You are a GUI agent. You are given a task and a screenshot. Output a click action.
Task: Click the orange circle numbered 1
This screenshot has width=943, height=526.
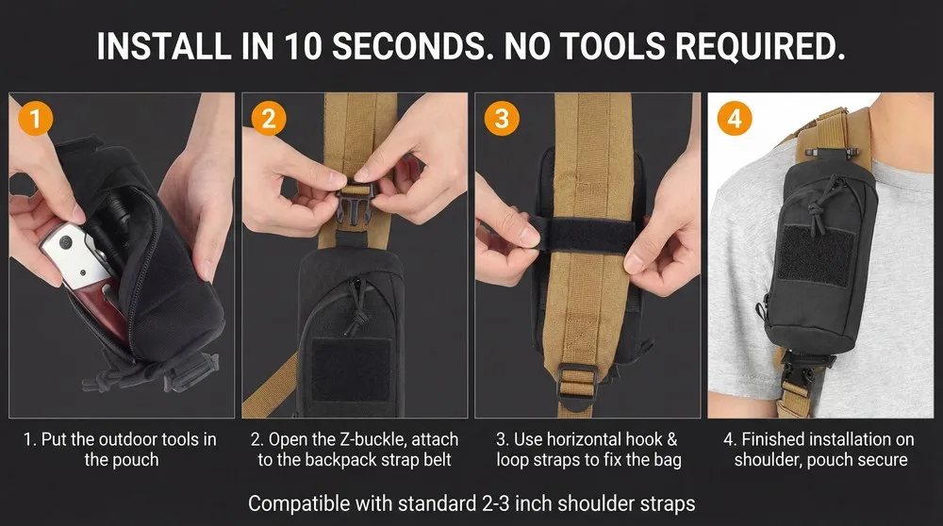tap(35, 118)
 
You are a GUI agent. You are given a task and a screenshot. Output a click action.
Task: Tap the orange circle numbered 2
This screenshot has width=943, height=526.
tap(268, 118)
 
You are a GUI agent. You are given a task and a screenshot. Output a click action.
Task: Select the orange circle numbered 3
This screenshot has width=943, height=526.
tap(502, 118)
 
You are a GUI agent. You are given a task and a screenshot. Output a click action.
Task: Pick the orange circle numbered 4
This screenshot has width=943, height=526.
tap(735, 118)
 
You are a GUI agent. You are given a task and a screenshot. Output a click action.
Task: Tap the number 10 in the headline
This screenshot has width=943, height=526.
tap(304, 45)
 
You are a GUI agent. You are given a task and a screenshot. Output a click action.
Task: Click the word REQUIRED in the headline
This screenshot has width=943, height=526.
tap(760, 45)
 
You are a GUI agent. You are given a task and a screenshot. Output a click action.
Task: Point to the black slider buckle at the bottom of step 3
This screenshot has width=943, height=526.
tap(577, 384)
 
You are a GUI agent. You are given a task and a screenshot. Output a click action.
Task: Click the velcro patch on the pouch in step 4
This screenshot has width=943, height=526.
tap(815, 255)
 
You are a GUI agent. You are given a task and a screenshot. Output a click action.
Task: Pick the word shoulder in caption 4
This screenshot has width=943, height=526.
tap(768, 460)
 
